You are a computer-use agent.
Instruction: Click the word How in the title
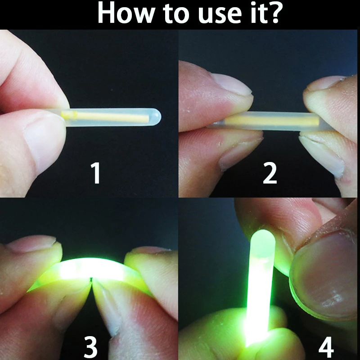pyautogui.click(x=124, y=14)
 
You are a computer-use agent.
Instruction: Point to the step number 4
pyautogui.click(x=326, y=347)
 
